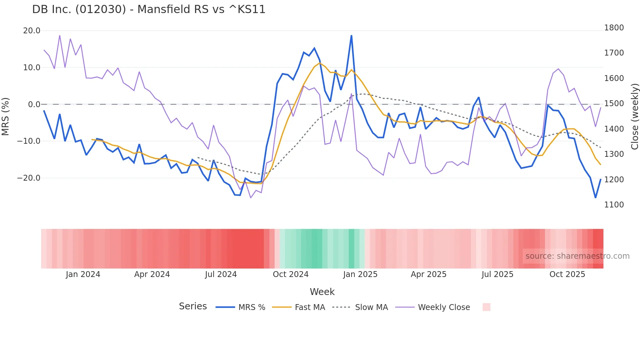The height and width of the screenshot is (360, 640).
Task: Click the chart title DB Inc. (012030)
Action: coord(149,9)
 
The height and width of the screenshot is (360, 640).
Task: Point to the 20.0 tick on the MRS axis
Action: coord(32,31)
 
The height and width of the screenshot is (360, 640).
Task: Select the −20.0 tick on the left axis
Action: coord(29,178)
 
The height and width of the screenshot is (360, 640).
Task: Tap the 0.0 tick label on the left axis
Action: coord(34,105)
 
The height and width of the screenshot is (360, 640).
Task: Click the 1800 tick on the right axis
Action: coord(614,28)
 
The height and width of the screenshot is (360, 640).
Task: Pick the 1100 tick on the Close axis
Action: coord(614,205)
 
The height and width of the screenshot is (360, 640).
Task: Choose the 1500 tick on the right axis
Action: coord(614,104)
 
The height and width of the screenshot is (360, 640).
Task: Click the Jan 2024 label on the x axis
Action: coord(83,274)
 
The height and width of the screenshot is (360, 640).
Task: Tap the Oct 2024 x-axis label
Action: coord(291,274)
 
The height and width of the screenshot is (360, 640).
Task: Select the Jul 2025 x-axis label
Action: coord(497,274)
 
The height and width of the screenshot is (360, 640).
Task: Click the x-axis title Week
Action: coord(322,292)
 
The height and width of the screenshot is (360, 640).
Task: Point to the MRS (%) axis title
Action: coord(6,116)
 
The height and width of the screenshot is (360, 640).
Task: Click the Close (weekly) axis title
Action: coord(634,116)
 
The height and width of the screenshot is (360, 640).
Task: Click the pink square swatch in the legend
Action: coord(486,307)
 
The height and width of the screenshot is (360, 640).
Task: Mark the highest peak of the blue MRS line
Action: coord(351,36)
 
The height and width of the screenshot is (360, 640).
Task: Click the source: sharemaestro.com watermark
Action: coord(577,256)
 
